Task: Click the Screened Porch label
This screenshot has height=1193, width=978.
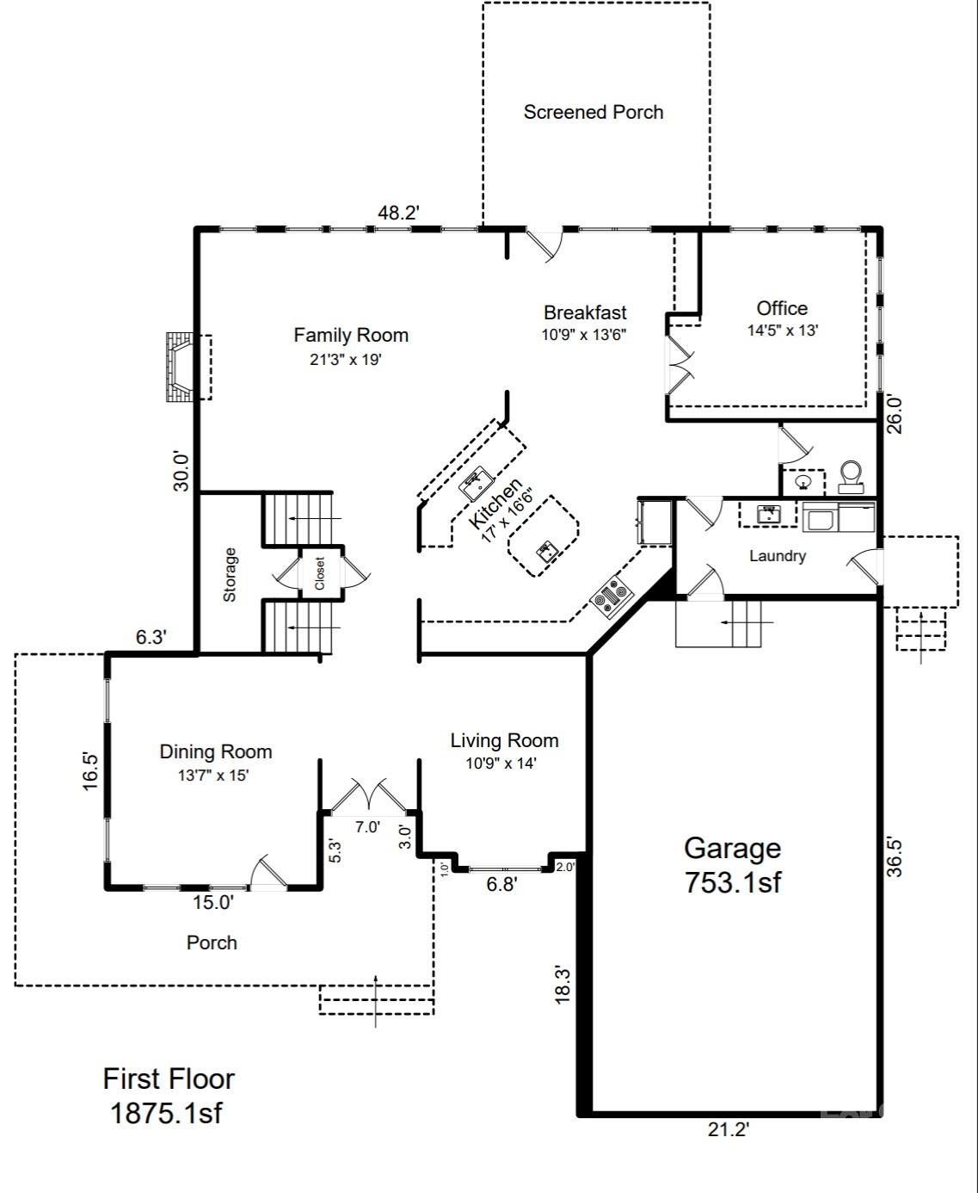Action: [593, 112]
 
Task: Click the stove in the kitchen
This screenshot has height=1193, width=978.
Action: [612, 596]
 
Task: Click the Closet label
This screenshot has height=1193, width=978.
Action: [320, 573]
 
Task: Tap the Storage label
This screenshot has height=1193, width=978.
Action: [230, 575]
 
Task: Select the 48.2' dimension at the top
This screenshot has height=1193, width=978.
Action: [398, 213]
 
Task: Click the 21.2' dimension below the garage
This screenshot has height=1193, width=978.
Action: [729, 1129]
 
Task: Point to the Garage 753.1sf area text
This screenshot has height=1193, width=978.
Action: [733, 865]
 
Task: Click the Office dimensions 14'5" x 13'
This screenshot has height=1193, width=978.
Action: [783, 330]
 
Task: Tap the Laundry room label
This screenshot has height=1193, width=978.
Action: [778, 556]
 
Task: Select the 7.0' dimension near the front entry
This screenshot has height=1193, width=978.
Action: [367, 826]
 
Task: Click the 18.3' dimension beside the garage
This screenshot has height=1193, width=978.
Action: [563, 984]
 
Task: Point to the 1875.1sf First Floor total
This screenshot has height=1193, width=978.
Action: [167, 1113]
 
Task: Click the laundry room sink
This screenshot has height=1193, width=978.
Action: [768, 514]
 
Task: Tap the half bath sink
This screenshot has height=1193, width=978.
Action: [803, 483]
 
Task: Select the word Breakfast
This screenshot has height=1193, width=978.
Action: [585, 312]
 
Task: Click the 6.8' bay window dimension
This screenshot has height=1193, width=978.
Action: [502, 883]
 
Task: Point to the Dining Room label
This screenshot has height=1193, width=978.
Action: [216, 751]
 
